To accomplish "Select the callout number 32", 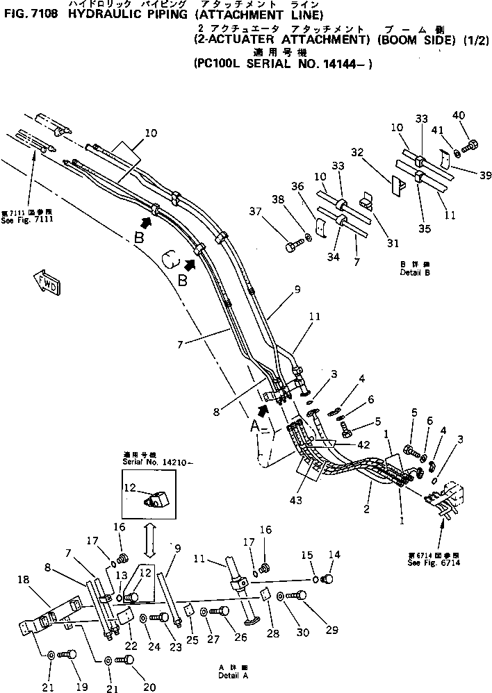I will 357,152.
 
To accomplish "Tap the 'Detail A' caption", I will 231,674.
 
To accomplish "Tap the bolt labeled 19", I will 69,654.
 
